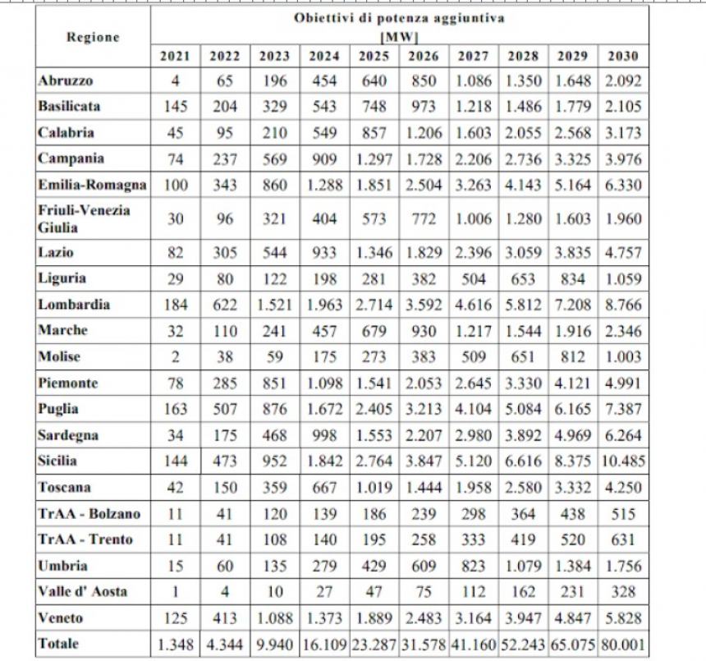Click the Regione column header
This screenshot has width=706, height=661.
pos(94,37)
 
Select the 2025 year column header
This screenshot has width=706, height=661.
pos(374,56)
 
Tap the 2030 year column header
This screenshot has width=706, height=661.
pos(623,56)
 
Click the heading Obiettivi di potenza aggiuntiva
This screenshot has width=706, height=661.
pos(399,18)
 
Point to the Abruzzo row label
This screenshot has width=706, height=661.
pos(66,80)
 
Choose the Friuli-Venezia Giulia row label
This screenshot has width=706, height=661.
pos(85,219)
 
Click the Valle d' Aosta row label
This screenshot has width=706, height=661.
pos(83,591)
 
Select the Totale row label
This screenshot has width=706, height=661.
pos(58,644)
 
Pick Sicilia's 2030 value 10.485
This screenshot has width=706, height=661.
pos(623,461)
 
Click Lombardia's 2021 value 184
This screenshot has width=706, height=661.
pos(175,305)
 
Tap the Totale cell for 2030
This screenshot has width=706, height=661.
pos(623,645)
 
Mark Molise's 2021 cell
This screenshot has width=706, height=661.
pos(175,357)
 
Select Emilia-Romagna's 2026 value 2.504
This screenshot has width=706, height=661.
pos(424,185)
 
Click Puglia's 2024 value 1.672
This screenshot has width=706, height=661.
pos(324,409)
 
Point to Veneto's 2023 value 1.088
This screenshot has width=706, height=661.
pos(275,618)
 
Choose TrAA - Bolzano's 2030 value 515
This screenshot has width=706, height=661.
pos(623,514)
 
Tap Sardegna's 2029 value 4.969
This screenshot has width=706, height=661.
pos(573,435)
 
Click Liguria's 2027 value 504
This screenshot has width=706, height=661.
pos(473,279)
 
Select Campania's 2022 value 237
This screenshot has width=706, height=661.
pos(225,159)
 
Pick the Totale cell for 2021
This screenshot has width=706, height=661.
pos(175,645)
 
